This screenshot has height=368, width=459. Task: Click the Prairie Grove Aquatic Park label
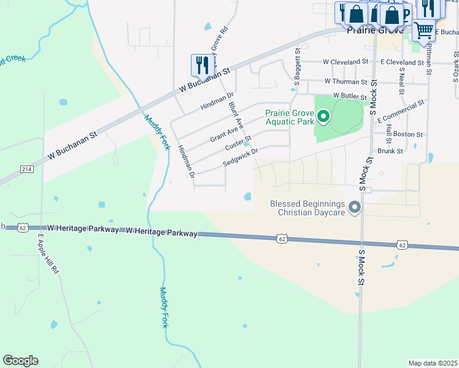(x=290, y=117)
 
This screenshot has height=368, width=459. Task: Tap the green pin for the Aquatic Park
(x=323, y=115)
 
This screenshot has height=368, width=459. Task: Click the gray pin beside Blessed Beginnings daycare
(x=354, y=208)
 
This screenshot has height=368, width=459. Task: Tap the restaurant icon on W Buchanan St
(x=201, y=64)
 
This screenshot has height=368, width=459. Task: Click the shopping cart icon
(x=423, y=29)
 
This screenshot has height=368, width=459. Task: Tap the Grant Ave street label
(x=223, y=131)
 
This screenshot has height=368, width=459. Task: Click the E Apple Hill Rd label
(x=48, y=253)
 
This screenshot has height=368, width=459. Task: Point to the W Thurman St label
(x=346, y=81)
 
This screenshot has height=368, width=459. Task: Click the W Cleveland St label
(x=345, y=62)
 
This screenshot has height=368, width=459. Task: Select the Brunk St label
(x=390, y=150)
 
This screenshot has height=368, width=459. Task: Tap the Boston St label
(x=408, y=134)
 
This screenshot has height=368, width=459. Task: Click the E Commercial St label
(x=401, y=110)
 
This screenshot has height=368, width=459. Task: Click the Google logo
(x=20, y=361)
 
